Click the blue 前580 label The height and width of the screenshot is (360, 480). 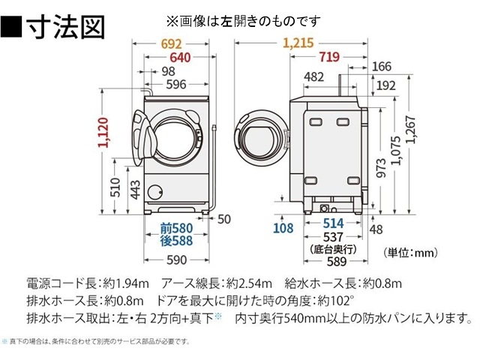pyautogui.click(x=175, y=228)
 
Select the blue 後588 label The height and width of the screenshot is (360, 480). pyautogui.click(x=175, y=241)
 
